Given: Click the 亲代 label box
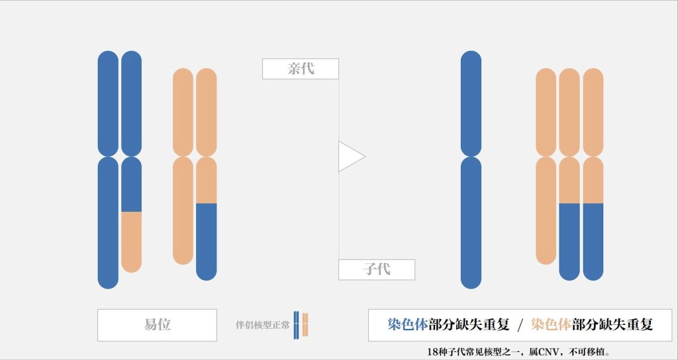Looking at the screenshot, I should point(300,69).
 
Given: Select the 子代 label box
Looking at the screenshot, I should point(376,269).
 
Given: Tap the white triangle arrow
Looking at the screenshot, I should point(350,156).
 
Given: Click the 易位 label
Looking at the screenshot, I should point(157,325).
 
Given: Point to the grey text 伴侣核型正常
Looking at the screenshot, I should point(263,326).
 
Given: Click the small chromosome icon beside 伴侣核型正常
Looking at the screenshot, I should point(301,325).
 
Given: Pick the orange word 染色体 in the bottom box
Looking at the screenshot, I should point(551,325).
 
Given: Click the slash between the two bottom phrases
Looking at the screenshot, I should point(520,325).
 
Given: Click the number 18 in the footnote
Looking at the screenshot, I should point(433,351).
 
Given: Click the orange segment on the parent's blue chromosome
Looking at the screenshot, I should point(132,242).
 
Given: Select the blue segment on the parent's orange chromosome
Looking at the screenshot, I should point(207,241).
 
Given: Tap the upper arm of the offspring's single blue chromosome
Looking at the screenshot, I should point(471,103).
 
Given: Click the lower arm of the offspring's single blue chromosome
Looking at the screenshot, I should point(471,222).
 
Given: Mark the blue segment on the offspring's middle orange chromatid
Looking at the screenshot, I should point(569,241).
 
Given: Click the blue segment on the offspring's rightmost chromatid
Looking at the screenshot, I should point(593,241).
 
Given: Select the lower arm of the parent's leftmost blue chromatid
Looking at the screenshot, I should point(108,222).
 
